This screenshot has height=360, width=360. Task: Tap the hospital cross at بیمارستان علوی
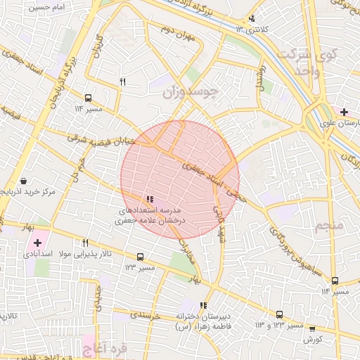tap(344, 112)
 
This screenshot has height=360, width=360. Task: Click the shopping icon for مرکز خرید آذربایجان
tap(25, 181)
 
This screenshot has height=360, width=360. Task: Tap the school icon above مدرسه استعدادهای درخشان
tap(149, 200)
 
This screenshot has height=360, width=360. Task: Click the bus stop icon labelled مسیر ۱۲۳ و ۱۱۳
tap(279, 315)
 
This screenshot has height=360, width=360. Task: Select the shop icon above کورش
tap(312, 328)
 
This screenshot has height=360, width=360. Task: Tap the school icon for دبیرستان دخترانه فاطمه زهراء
tap(204, 305)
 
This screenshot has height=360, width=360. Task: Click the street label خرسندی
tap(146, 314)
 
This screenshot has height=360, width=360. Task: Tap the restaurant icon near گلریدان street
tap(122, 82)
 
